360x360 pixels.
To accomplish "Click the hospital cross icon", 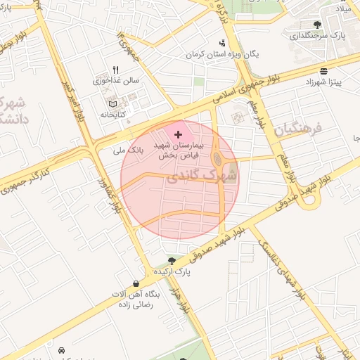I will pyautogui.click(x=178, y=134).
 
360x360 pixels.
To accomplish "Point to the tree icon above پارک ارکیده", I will pyautogui.click(x=171, y=260).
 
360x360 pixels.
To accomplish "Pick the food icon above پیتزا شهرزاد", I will pyautogui.click(x=323, y=71).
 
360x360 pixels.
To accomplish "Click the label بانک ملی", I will pyautogui.click(x=128, y=150).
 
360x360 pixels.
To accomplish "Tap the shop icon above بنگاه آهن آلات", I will pyautogui.click(x=136, y=283).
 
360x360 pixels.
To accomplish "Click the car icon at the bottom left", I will pyautogui.click(x=61, y=350).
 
